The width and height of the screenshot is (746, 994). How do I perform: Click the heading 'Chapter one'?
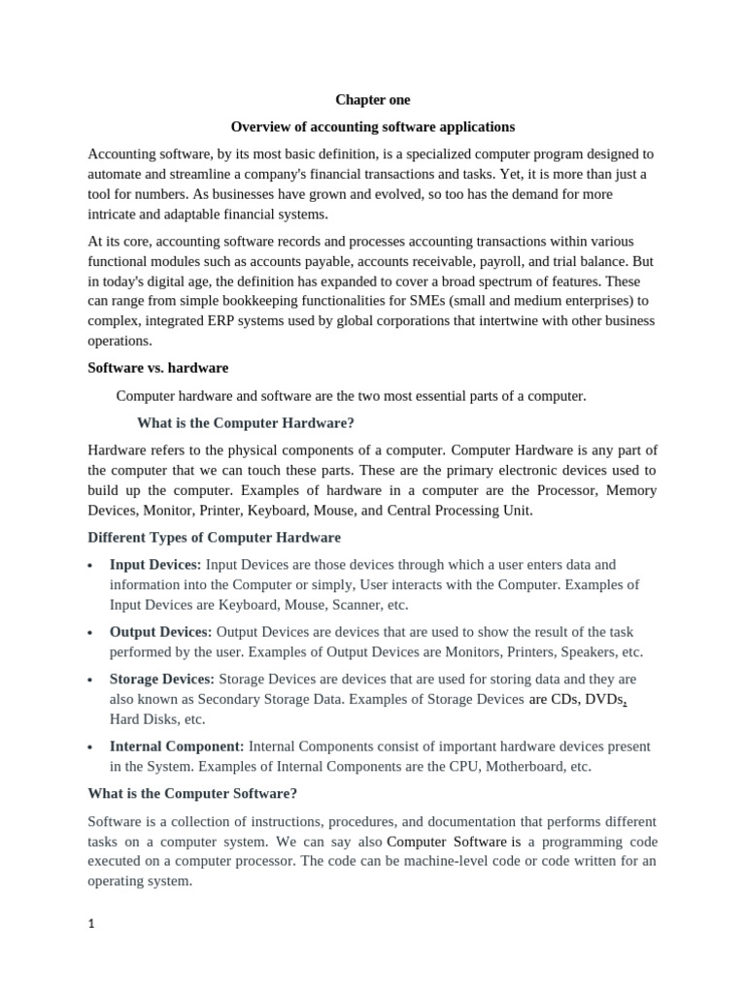373,100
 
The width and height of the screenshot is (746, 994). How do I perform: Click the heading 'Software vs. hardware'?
157,369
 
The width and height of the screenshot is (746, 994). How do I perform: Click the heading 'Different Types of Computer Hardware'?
214,538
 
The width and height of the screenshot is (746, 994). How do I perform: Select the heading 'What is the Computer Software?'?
192,793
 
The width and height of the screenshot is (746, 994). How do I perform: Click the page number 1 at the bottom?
91,925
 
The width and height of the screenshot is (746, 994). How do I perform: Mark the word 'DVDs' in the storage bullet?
602,700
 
